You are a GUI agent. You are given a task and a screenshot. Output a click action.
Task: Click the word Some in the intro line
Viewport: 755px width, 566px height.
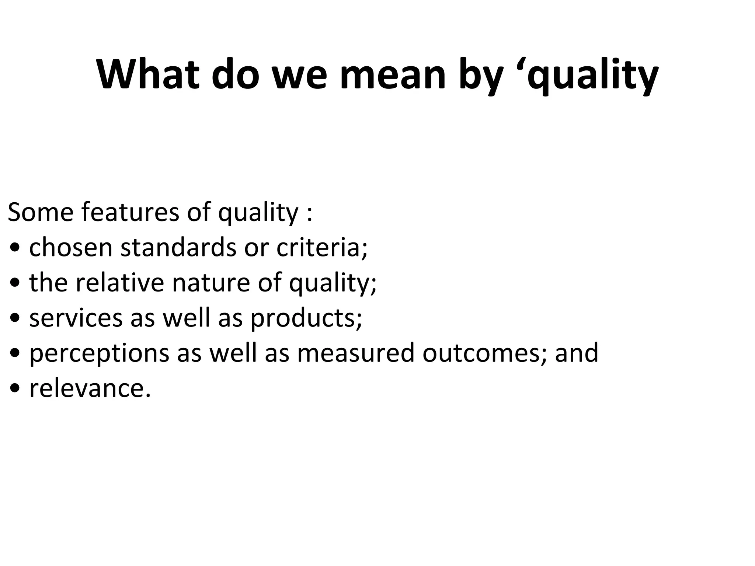click(41, 213)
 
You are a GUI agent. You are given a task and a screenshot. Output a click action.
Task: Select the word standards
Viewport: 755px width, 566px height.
click(178, 248)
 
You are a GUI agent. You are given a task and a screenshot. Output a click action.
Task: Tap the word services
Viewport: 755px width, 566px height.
click(76, 318)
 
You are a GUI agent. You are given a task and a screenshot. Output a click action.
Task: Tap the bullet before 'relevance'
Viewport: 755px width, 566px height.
click(15, 389)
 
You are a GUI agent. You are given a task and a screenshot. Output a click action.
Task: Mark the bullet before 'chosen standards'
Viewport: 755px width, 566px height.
click(15, 248)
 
